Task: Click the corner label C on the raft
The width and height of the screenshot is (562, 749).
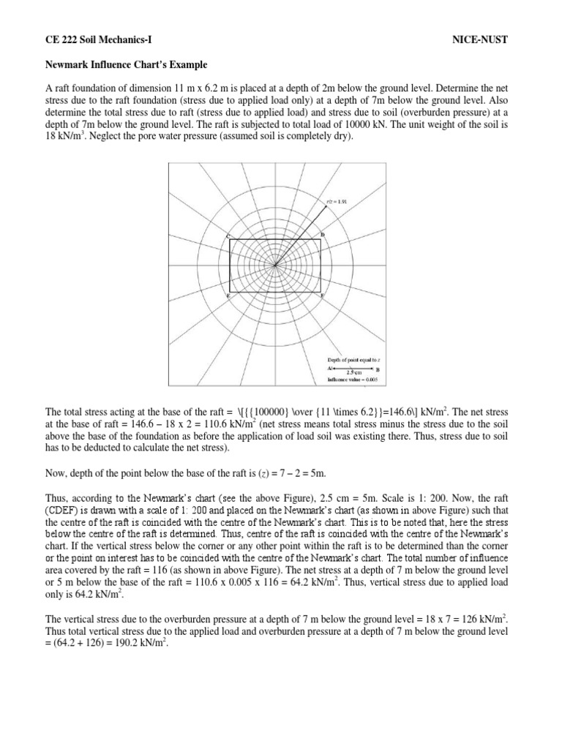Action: pyautogui.click(x=229, y=235)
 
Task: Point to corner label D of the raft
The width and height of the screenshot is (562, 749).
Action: pyautogui.click(x=323, y=235)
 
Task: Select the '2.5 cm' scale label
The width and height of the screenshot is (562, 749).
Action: pyautogui.click(x=355, y=373)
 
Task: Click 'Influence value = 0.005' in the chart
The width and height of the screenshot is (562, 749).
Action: pyautogui.click(x=354, y=380)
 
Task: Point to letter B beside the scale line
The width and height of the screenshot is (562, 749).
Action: pyautogui.click(x=378, y=369)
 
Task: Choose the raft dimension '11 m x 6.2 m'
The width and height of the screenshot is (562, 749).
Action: pyautogui.click(x=175, y=89)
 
